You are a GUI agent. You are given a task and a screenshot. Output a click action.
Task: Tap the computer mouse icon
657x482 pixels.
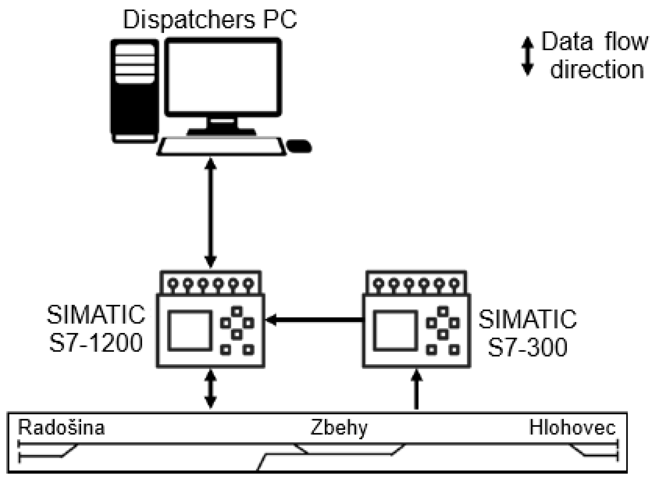(x=299, y=146)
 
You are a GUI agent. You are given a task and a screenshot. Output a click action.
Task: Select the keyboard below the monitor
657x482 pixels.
(x=221, y=147)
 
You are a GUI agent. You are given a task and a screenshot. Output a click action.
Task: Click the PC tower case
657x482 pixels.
(x=135, y=91)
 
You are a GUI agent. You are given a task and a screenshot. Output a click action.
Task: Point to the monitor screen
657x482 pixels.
(x=223, y=77)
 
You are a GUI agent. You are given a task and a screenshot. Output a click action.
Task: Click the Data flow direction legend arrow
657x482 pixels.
(x=527, y=56)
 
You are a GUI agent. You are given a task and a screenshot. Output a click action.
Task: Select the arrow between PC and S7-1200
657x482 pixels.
(x=211, y=213)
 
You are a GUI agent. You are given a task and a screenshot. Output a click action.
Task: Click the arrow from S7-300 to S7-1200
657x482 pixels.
(x=314, y=320)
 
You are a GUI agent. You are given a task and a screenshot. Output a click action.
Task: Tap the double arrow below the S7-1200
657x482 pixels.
(x=211, y=389)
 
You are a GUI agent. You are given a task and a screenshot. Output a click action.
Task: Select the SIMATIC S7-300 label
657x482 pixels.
(x=527, y=333)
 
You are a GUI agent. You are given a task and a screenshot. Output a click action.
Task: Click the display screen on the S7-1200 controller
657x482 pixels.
(x=190, y=331)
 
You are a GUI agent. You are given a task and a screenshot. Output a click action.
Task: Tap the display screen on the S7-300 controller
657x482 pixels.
(x=395, y=331)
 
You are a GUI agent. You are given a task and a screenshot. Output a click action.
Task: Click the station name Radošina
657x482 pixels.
(x=61, y=428)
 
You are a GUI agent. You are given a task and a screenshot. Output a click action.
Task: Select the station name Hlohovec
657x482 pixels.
(x=572, y=428)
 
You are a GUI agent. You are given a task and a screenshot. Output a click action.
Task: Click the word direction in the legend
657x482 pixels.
(x=597, y=70)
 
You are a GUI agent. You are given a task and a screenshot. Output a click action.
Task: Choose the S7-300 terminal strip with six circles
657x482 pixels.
(x=416, y=283)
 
